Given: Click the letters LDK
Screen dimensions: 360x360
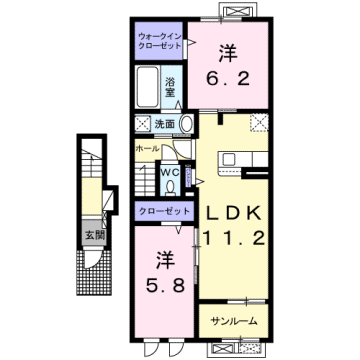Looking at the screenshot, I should pos(237,215).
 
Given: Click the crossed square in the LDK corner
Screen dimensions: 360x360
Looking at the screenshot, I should pos(261,124).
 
